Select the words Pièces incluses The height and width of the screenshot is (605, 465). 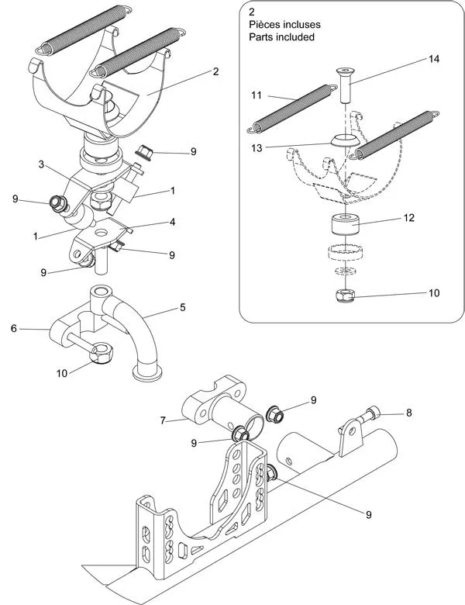284,25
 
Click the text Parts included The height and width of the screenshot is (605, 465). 282,37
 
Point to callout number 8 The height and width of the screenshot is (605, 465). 408,413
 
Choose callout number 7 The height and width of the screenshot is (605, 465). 162,420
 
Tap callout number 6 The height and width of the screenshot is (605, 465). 14,329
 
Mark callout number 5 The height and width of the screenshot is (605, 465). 182,306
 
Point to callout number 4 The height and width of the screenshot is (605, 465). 172,222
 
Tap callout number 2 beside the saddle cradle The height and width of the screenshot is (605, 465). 215,71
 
